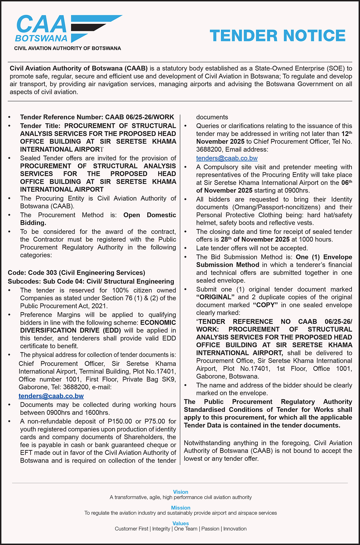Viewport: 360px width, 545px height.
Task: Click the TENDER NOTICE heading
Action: (x=277, y=36)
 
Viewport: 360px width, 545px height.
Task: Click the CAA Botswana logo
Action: (x=68, y=30)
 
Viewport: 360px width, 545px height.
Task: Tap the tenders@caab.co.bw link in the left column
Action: (x=51, y=396)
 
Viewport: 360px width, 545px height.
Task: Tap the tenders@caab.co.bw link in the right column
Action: (x=227, y=158)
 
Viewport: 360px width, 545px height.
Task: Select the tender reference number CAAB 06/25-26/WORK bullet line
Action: (x=97, y=117)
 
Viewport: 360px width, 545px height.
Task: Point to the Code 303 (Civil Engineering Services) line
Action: (x=76, y=273)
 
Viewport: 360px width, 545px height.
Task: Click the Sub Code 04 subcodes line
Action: (x=91, y=281)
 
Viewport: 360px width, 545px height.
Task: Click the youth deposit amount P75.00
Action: (x=155, y=421)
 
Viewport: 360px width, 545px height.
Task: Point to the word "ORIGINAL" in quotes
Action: (x=216, y=297)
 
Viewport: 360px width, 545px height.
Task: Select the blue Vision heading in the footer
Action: (x=181, y=492)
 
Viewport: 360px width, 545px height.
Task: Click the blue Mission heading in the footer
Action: (x=181, y=508)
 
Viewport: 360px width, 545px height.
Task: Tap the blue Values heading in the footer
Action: (x=181, y=523)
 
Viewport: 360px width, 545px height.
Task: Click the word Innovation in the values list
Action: (x=235, y=529)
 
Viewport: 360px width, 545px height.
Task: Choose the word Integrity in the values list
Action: (x=161, y=529)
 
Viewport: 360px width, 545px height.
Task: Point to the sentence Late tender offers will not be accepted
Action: (x=252, y=248)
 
